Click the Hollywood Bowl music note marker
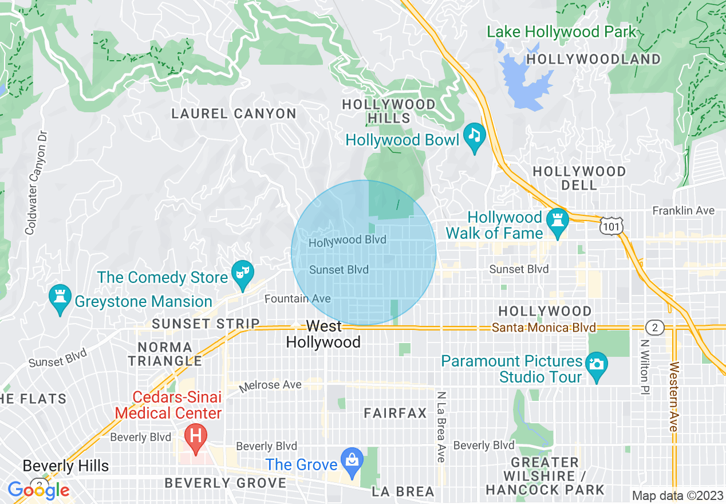474,136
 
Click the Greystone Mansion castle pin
60,297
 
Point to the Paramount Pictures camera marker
597,364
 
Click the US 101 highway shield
610,227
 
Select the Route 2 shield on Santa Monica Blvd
654,328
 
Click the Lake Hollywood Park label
562,32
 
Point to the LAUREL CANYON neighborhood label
234,114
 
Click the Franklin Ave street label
684,211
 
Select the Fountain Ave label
297,299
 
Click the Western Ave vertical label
673,397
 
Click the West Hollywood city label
323,334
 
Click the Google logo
38,490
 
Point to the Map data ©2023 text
677,495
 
